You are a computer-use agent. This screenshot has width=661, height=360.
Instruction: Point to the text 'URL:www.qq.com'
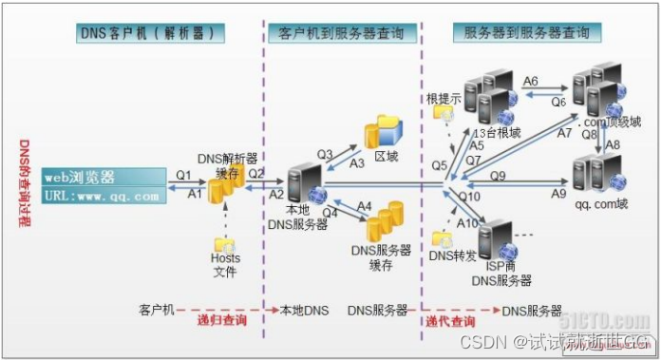tap(100, 197)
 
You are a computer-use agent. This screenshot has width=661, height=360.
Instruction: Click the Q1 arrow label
tap(182, 174)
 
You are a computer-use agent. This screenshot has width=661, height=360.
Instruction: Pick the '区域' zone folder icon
tap(387, 131)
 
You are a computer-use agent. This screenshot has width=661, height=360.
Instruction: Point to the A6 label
tap(530, 82)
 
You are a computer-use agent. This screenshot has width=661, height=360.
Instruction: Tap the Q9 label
tap(498, 176)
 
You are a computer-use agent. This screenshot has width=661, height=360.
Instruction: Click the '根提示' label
tap(444, 98)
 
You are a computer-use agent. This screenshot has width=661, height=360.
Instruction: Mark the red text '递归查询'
tap(221, 321)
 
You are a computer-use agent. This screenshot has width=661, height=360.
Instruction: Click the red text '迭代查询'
tap(450, 321)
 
